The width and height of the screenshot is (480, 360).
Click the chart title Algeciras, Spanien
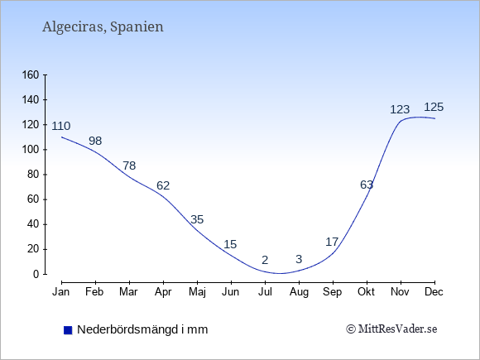coord(103,27)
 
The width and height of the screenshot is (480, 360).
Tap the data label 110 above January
coord(61,126)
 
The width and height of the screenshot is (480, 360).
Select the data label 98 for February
coord(95,141)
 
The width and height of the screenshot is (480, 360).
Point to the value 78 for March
coord(129,166)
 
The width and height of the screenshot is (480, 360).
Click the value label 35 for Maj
coord(197,219)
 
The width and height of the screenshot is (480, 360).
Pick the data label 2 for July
coord(265,260)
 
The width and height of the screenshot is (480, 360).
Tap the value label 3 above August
coord(299,259)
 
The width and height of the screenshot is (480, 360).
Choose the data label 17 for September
coord(332,242)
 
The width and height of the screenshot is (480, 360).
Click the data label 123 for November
coord(400,109)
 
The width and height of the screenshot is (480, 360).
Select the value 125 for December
coord(434,107)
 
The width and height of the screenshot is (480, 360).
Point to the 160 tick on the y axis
coord(31,74)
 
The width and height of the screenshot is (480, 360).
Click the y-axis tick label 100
coord(31,150)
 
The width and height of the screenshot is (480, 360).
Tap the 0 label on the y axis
coord(36,274)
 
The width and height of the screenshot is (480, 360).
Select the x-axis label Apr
coord(163,292)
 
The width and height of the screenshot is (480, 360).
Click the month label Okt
coord(366,292)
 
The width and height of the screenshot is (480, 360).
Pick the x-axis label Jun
coord(231,292)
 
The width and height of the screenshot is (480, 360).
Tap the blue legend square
coord(68,330)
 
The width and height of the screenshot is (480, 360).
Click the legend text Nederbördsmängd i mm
coord(142,329)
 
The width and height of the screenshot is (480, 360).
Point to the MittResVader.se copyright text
coord(391,329)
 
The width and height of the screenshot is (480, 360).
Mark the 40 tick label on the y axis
coord(33,224)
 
